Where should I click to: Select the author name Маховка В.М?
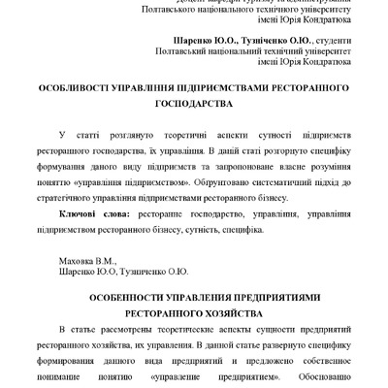[x=87, y=261]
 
